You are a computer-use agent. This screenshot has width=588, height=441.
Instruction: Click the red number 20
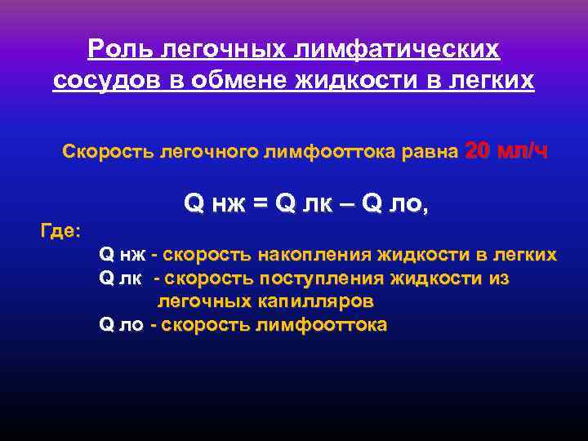[479, 151]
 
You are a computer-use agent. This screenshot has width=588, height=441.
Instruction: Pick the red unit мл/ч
[523, 151]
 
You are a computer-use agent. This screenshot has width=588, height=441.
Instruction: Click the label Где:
[60, 232]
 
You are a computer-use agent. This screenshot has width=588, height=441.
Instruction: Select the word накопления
[314, 256]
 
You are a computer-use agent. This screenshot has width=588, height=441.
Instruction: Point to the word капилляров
[321, 301]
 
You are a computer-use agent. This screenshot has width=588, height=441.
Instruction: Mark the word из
[499, 278]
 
